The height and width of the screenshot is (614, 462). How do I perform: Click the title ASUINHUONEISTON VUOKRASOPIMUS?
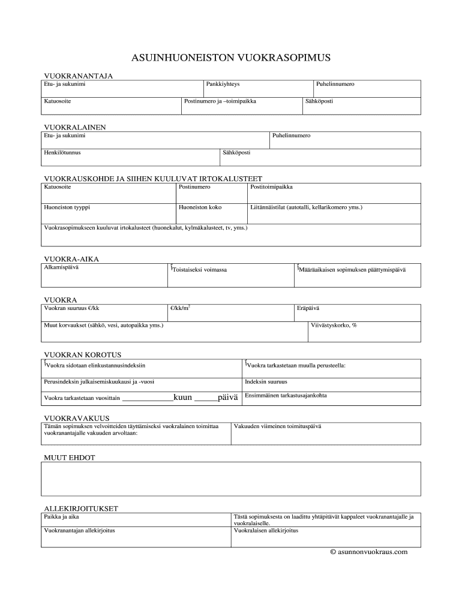pos(231,58)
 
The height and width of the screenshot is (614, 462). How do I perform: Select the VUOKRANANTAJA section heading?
pos(79,76)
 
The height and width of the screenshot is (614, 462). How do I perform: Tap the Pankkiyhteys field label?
pos(223,85)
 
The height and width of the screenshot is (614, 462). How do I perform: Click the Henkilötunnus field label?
pos(62,153)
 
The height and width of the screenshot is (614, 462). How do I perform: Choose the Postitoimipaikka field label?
pos(272,187)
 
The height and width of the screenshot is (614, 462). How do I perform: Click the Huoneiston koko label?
pos(200,207)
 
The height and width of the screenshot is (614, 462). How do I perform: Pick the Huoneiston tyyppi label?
pos(67,207)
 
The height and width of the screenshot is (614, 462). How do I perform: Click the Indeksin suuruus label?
pos(266,381)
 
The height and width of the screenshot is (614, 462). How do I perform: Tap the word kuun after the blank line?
pos(182,397)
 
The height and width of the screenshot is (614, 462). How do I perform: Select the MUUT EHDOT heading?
pos(70,458)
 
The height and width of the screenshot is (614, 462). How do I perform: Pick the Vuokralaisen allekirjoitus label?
pos(266,531)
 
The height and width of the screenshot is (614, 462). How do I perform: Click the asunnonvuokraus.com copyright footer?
pos(369,552)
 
